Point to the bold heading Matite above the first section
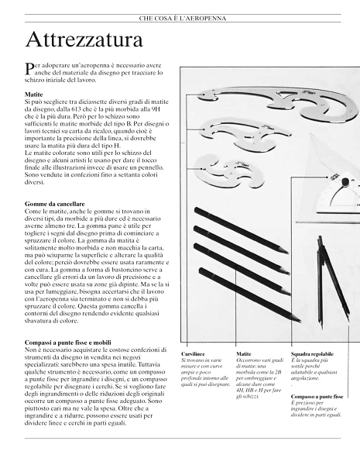pyautogui.click(x=34, y=95)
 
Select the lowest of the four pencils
pyautogui.click(x=248, y=294)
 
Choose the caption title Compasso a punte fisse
pyautogui.click(x=317, y=396)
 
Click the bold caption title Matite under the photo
pyautogui.click(x=244, y=353)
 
